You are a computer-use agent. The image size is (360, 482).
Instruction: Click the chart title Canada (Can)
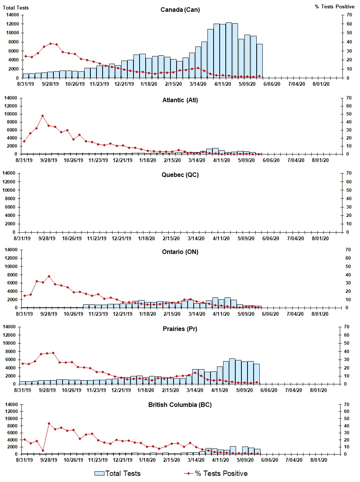click(x=180, y=10)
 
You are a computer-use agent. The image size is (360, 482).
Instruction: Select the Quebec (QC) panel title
click(x=180, y=175)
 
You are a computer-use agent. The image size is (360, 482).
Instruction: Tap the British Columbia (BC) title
click(x=180, y=405)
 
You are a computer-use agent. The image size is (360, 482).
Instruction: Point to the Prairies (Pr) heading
click(x=180, y=329)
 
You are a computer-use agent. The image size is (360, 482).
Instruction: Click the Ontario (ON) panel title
click(x=180, y=252)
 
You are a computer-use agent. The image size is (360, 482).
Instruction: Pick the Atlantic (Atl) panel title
click(x=180, y=100)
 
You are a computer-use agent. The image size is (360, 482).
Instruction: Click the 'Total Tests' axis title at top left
click(x=16, y=8)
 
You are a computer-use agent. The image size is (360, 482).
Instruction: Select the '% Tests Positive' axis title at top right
click(x=334, y=7)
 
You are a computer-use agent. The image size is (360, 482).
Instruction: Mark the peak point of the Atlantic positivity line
click(x=43, y=116)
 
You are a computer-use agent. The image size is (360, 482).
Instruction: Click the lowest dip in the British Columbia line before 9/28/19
click(x=43, y=450)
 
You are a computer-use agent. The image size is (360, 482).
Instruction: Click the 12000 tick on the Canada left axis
click(x=11, y=24)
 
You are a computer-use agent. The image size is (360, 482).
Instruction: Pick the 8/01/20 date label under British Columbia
click(x=320, y=460)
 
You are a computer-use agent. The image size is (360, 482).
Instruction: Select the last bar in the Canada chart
click(x=259, y=61)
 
